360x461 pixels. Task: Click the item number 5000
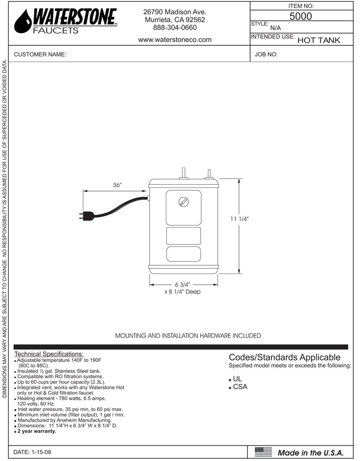point(300,16)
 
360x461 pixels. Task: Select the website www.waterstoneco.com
point(175,40)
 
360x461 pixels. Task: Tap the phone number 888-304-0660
point(175,28)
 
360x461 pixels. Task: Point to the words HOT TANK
point(318,40)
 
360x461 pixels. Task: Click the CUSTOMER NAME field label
point(40,55)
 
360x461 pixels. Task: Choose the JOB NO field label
point(266,55)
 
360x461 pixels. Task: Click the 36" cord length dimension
point(117,185)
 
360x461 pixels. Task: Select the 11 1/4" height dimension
point(240,219)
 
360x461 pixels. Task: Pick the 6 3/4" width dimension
point(183,284)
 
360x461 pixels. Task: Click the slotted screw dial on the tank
point(183,202)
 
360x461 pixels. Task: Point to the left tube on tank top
point(183,173)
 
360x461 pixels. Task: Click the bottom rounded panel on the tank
point(183,254)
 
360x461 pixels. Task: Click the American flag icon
point(263,452)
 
